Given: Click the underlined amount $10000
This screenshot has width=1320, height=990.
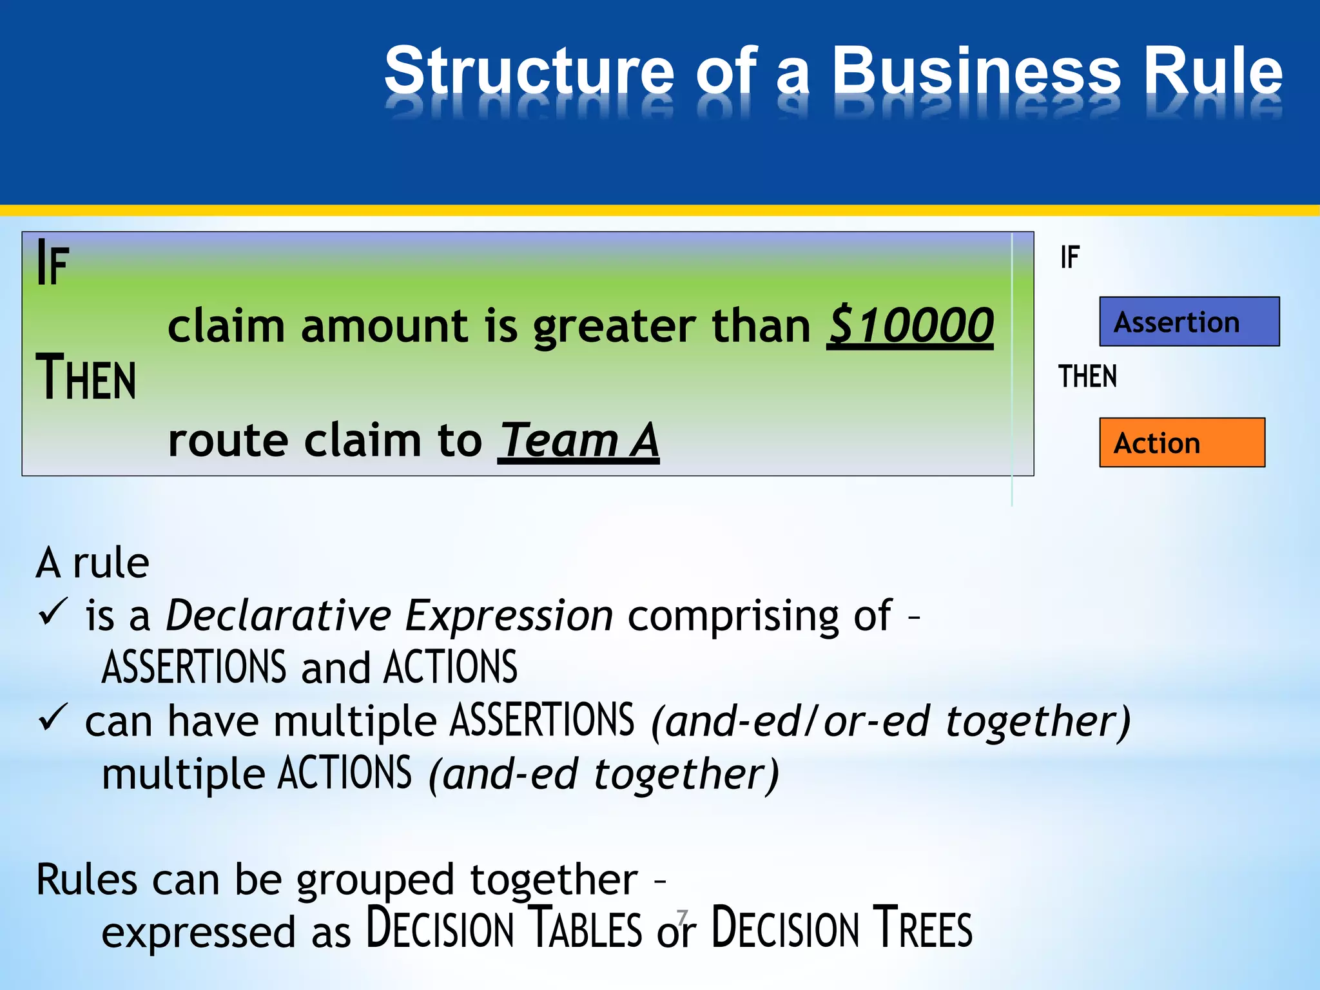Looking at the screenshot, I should click(x=910, y=325).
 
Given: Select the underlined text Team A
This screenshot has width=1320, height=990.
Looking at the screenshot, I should click(x=578, y=442).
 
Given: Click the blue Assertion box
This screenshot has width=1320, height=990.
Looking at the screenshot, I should click(x=1189, y=322).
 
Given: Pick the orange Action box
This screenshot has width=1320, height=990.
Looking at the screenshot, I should click(x=1182, y=443).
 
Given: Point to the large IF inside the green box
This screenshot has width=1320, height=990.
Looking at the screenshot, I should click(x=53, y=263).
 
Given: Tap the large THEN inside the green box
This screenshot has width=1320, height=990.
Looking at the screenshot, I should click(x=86, y=378).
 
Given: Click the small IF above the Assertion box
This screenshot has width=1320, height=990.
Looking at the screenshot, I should click(x=1070, y=258).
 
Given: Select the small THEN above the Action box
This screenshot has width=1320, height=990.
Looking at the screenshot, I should click(x=1088, y=376).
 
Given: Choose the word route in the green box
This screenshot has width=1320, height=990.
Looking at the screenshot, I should click(x=228, y=442).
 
